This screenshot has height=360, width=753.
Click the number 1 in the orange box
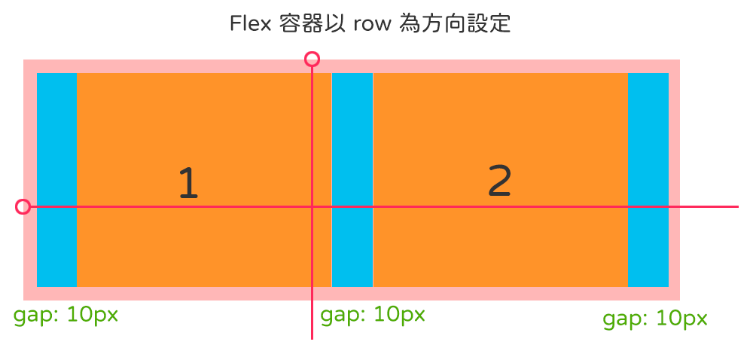point(188,183)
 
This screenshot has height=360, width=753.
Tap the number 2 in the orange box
point(499,181)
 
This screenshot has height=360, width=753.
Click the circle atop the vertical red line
point(312,59)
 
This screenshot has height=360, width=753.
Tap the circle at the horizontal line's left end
point(23,206)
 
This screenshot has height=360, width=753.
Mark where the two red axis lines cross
point(312,206)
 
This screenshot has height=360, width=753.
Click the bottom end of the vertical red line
point(312,338)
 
